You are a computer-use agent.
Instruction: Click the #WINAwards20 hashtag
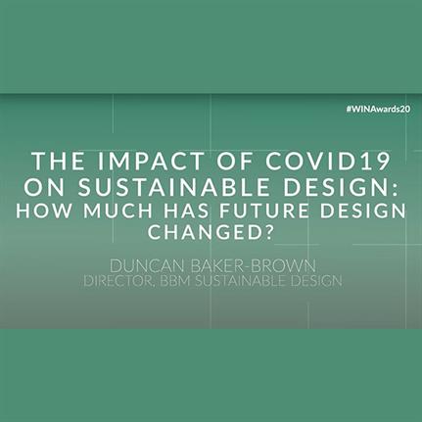(378, 110)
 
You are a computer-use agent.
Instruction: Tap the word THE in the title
(59, 161)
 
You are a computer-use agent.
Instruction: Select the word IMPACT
(151, 161)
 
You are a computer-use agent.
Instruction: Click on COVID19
(327, 161)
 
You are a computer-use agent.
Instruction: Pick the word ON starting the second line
(44, 187)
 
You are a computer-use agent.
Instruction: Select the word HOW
(43, 211)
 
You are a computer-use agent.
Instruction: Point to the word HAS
(186, 211)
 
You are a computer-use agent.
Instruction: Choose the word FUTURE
(263, 211)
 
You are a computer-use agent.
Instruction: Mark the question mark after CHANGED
(268, 232)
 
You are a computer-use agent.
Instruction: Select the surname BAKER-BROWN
(254, 266)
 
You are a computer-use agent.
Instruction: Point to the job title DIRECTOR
(118, 281)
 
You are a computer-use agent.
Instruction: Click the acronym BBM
(175, 281)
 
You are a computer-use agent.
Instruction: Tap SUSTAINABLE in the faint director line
(241, 281)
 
